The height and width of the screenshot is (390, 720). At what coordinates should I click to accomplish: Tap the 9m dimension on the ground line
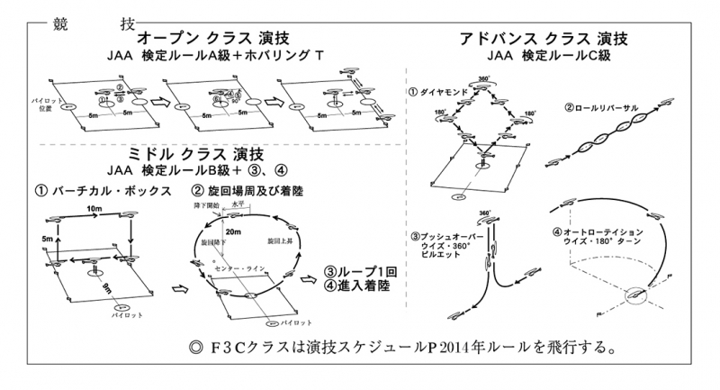(x=107, y=288)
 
